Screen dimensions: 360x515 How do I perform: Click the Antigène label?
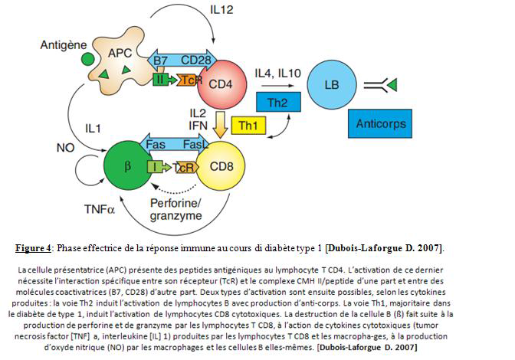pos(65,46)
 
